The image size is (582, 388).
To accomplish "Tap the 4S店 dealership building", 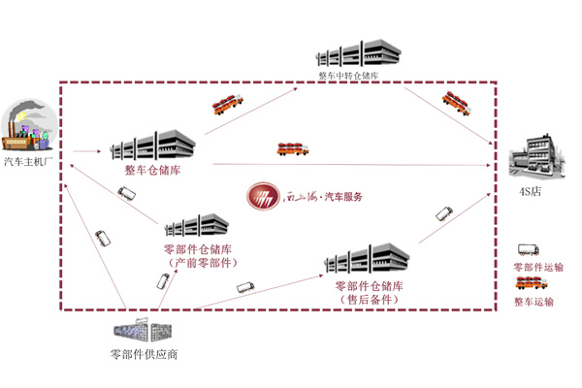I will click(535, 155).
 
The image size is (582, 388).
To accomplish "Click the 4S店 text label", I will click(535, 189).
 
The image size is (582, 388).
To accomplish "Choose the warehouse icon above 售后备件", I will click(368, 260).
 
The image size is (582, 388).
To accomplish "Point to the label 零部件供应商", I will click(145, 354).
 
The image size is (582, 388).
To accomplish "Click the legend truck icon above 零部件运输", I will click(529, 251).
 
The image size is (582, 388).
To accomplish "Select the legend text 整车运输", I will click(533, 302).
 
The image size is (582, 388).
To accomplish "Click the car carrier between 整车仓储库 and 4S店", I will click(293, 148).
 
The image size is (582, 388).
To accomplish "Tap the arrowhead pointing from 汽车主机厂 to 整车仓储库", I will click(96, 151).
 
